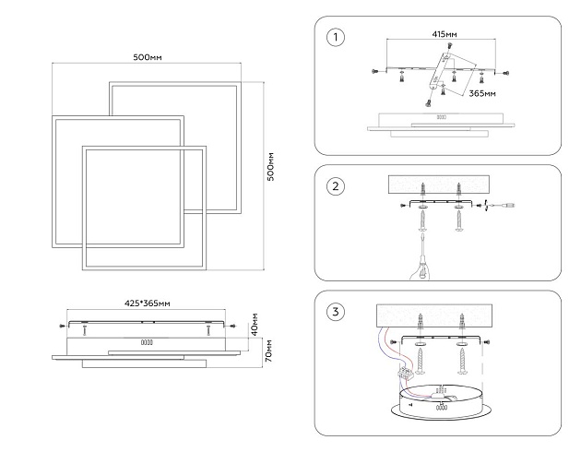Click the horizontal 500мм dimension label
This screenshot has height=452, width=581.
point(148,57)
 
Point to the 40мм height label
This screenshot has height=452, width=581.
point(255,330)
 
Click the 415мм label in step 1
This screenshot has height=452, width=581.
point(443,34)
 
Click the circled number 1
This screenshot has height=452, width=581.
point(336,38)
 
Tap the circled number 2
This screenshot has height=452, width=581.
point(336,187)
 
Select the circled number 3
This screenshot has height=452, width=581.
point(336,311)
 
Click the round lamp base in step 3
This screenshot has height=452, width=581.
point(442,406)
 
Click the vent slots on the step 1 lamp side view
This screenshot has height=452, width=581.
point(441,117)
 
